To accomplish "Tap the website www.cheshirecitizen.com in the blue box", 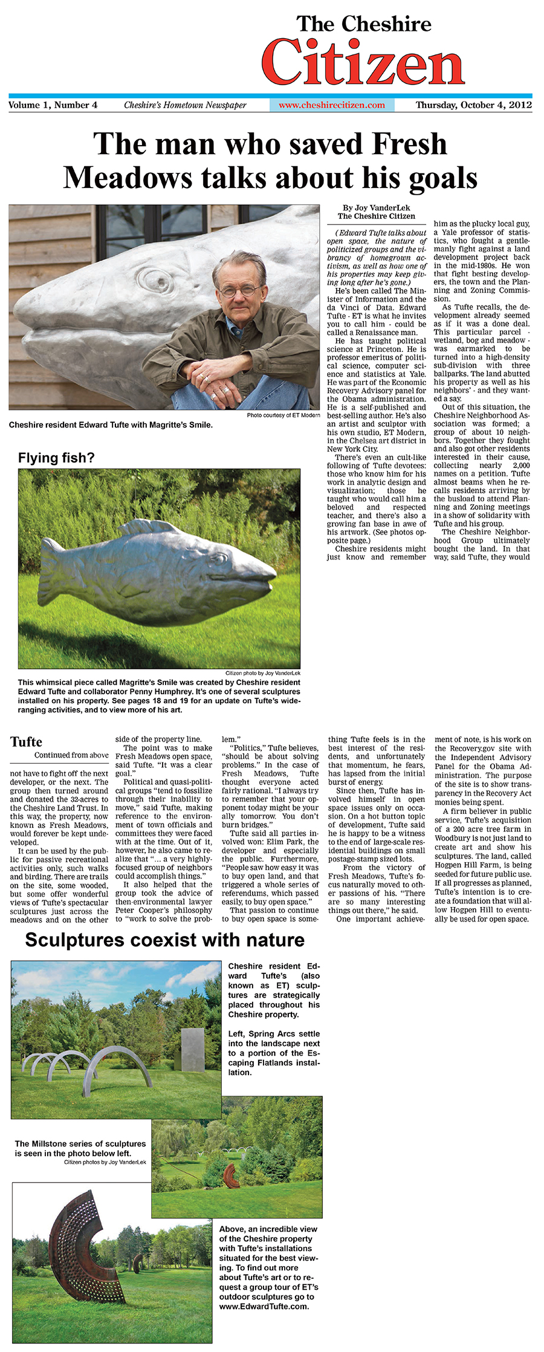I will (x=331, y=105).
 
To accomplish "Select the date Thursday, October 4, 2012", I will (x=473, y=105).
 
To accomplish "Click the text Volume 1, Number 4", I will (x=53, y=105).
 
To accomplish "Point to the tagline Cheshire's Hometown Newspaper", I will (x=185, y=105).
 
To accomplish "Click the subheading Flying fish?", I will (x=56, y=458).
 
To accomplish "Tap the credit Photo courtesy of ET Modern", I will (x=283, y=415).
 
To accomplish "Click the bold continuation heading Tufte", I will (x=26, y=743).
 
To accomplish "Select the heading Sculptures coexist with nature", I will (x=164, y=940).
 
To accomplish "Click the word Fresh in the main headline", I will (x=409, y=145).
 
